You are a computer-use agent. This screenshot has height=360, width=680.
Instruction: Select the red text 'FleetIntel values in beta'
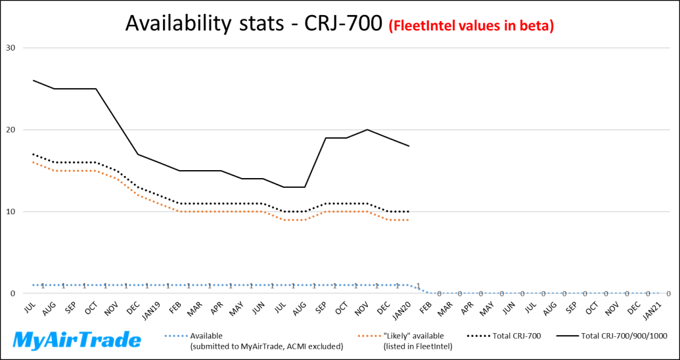(471, 26)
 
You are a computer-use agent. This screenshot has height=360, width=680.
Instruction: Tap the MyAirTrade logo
(78, 340)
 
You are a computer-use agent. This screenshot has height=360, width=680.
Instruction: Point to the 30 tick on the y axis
(11, 48)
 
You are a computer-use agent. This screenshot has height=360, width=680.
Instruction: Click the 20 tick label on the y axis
(11, 130)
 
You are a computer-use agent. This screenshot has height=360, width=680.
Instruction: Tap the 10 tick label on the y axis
(11, 212)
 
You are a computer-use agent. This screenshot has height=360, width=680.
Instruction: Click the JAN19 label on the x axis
(152, 309)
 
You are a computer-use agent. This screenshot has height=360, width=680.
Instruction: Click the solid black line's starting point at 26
(34, 81)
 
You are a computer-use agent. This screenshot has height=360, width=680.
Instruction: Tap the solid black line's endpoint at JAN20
(409, 146)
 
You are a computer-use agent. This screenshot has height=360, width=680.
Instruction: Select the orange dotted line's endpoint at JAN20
(409, 220)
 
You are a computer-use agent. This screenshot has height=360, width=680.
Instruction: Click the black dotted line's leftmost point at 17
(34, 154)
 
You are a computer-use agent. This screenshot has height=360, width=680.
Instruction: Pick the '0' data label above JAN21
(668, 294)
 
